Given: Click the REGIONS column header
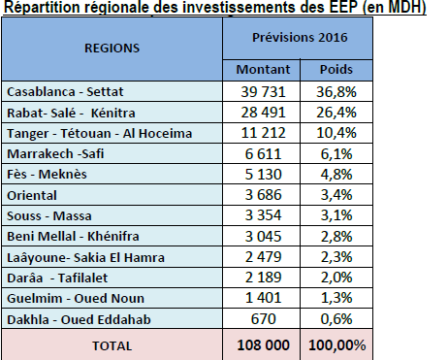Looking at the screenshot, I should pyautogui.click(x=112, y=48).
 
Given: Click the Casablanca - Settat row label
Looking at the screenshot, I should pyautogui.click(x=60, y=92).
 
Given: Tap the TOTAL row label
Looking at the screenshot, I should pyautogui.click(x=112, y=344).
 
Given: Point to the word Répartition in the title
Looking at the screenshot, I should pyautogui.click(x=39, y=9).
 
